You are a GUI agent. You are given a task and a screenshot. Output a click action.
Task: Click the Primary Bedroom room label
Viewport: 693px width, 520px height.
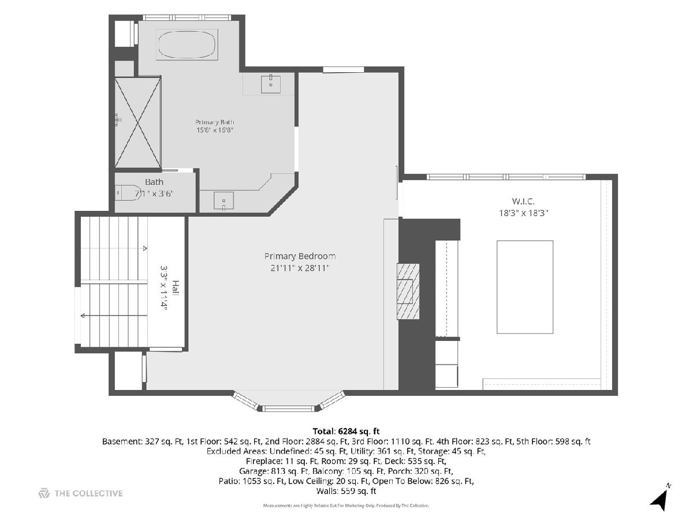click(300, 256)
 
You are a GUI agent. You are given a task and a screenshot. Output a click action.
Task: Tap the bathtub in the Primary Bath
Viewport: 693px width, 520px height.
click(187, 44)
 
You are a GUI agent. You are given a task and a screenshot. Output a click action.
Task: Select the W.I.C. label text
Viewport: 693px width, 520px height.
click(523, 201)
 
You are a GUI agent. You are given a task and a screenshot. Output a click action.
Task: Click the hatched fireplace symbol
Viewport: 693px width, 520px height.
click(408, 291)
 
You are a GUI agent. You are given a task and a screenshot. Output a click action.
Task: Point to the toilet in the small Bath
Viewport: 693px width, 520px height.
click(125, 192)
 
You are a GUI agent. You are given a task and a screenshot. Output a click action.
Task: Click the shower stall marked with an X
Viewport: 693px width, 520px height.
click(137, 122)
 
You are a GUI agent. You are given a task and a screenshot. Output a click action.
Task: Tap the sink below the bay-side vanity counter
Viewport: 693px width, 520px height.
click(223, 201)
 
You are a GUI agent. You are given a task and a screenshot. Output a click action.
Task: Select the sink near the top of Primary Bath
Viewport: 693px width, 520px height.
click(271, 84)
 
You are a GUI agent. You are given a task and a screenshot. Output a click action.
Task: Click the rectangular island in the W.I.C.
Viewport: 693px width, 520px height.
click(525, 287)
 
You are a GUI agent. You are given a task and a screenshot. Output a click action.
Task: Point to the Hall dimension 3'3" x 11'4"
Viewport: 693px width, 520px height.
click(163, 287)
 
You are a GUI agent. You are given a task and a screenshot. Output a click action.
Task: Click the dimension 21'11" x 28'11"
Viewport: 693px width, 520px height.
click(300, 268)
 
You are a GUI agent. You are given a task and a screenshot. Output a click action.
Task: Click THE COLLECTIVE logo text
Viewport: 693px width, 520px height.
click(88, 493)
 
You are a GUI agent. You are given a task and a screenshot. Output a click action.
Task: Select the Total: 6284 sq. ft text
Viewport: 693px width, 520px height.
click(346, 431)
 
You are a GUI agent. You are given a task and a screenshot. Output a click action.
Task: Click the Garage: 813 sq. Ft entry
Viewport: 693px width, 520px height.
click(274, 471)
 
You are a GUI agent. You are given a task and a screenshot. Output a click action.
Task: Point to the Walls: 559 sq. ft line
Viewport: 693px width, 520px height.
click(346, 491)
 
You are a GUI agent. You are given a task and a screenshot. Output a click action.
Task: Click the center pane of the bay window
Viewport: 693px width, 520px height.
click(289, 409)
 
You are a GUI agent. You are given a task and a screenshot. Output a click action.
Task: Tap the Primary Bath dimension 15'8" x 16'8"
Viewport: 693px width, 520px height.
click(215, 130)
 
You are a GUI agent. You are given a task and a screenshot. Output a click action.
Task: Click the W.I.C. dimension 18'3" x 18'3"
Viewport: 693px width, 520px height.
click(523, 213)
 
